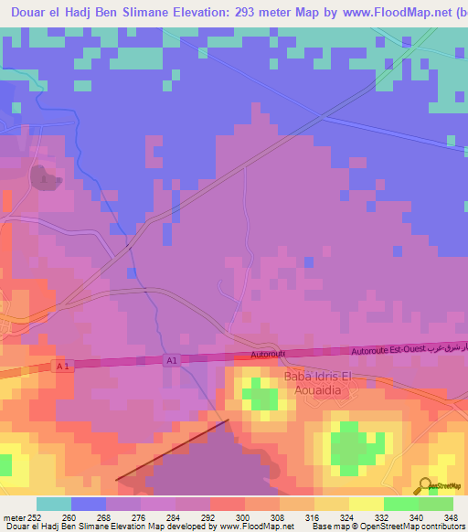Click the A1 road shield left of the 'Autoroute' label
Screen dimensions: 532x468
(x=172, y=361)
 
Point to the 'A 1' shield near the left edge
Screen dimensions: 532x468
(x=62, y=367)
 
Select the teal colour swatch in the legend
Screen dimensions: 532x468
(x=54, y=504)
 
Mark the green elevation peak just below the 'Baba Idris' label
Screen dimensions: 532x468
(x=262, y=398)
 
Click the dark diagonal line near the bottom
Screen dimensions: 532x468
(x=171, y=450)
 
